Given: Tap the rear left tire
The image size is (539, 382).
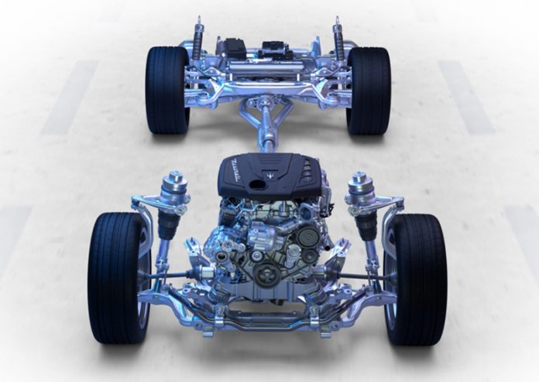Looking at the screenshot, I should tap(167, 89).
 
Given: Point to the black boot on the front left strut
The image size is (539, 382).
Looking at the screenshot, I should tap(170, 224).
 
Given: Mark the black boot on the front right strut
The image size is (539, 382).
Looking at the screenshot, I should tap(366, 224).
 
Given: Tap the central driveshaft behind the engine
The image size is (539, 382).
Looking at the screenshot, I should tap(268, 128).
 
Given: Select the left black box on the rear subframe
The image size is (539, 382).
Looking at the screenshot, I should tap(233, 48).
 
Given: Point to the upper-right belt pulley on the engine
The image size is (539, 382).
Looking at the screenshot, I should tap(307, 237).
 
